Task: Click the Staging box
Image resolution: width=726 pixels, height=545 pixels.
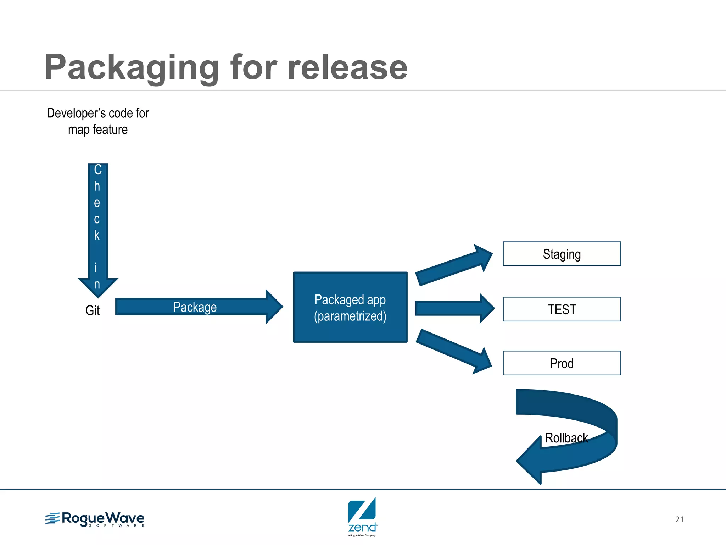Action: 562,254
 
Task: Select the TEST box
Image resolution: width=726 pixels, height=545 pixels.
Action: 562,309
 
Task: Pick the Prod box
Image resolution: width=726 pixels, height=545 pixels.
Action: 562,363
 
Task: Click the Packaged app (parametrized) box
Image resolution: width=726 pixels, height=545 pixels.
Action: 350,307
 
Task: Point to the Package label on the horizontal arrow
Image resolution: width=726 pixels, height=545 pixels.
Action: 195,307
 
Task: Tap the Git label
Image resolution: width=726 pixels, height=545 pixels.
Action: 93,310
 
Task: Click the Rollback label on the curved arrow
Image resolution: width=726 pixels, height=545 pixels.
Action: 566,438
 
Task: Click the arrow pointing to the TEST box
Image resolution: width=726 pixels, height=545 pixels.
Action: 454,308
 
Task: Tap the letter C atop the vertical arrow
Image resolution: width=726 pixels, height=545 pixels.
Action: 98,170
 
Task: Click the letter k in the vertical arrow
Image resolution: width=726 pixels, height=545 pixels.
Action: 97,235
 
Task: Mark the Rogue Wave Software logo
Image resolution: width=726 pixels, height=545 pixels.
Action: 95,519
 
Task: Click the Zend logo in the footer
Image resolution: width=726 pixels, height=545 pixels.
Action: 362,516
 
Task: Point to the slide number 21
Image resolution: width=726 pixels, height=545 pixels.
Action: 679,519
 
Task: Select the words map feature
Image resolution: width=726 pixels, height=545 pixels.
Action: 97,130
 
